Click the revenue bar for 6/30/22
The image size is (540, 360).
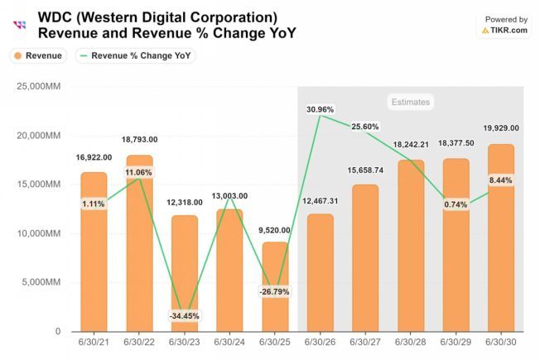pos(139,248)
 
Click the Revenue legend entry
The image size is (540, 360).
pos(37,55)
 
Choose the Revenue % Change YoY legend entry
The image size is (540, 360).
pos(137,55)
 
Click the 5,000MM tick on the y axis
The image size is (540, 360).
pos(42,282)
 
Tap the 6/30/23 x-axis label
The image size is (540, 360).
pos(185,340)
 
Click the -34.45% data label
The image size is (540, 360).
pos(185,316)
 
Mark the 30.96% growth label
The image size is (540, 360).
pos(321,109)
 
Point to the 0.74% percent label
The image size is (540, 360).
pos(456,204)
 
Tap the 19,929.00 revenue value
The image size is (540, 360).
pos(500,128)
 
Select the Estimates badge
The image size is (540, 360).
pos(410,102)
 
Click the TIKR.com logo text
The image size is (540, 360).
pos(509,30)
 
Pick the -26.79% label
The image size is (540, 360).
pos(276,292)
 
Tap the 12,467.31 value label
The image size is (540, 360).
pos(320,200)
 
